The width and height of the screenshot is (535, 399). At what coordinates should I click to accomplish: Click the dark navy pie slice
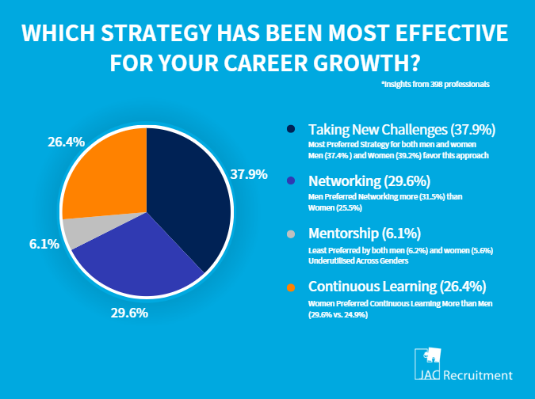click(190, 190)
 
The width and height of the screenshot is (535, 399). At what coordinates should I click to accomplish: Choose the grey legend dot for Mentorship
click(291, 234)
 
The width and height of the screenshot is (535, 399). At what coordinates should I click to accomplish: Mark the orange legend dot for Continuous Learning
click(291, 287)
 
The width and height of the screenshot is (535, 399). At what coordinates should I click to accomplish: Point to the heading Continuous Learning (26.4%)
click(397, 287)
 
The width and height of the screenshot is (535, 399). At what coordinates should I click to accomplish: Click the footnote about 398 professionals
click(435, 83)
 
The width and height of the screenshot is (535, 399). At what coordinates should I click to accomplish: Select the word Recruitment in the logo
click(479, 375)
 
